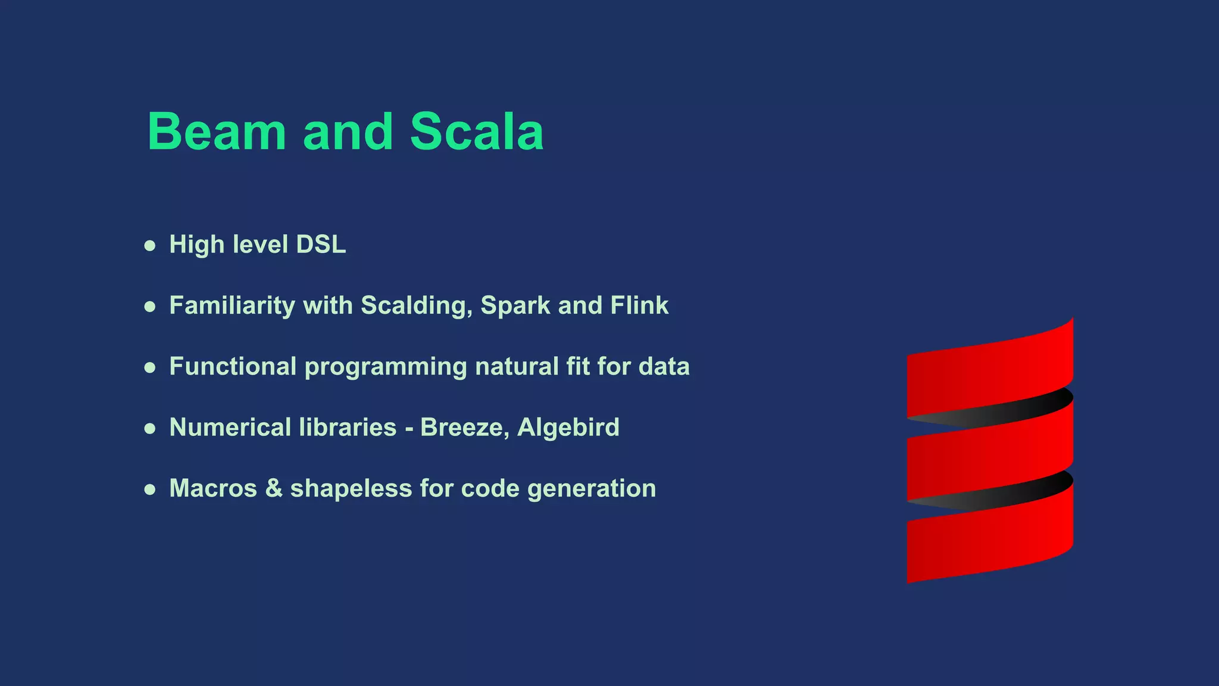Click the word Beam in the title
tap(217, 132)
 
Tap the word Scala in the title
tap(477, 132)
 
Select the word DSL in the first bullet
tap(321, 245)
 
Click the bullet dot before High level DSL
tap(150, 246)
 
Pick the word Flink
tap(639, 305)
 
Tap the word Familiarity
tap(232, 306)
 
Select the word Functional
tap(232, 366)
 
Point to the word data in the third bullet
tap(664, 366)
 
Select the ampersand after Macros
tap(274, 488)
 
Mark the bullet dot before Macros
tap(150, 489)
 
